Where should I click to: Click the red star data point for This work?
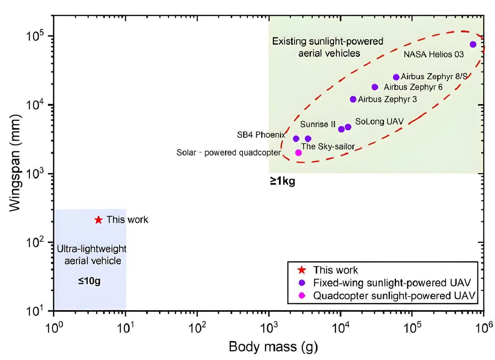(98, 220)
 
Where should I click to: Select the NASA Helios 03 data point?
(473, 44)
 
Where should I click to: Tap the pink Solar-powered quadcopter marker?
(298, 153)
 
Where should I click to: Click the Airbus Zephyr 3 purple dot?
(353, 99)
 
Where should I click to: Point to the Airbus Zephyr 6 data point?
(375, 87)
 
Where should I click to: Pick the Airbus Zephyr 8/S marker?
(396, 77)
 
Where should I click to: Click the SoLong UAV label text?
(379, 121)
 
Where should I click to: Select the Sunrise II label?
(318, 124)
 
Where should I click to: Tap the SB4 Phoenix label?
(261, 135)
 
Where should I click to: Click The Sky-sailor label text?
(328, 146)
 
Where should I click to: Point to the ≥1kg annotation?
(282, 181)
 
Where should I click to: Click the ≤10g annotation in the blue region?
(89, 281)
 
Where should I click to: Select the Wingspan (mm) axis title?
(15, 163)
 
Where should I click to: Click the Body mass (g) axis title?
(273, 347)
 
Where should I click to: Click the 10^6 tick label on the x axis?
(483, 327)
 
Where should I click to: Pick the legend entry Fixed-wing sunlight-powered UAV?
(392, 283)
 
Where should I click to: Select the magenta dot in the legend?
(302, 296)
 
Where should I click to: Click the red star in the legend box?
(302, 270)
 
